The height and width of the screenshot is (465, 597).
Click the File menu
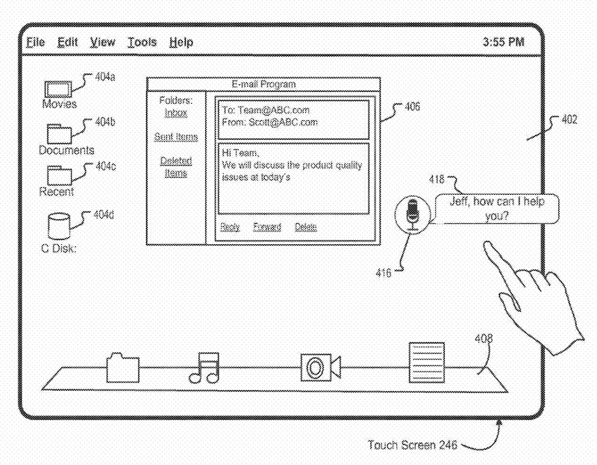35,43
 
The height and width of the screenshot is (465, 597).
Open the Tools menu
142,43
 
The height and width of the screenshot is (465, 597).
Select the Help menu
181,43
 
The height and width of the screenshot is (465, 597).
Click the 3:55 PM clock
504,43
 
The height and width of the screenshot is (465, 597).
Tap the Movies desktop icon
58,88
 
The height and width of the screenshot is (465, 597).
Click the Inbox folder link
176,113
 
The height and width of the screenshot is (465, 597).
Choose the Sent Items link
176,137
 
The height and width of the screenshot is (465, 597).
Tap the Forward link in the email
266,227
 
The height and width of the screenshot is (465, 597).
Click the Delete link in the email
305,227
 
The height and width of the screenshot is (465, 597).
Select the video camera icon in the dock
319,366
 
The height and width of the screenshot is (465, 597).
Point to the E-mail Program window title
263,84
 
